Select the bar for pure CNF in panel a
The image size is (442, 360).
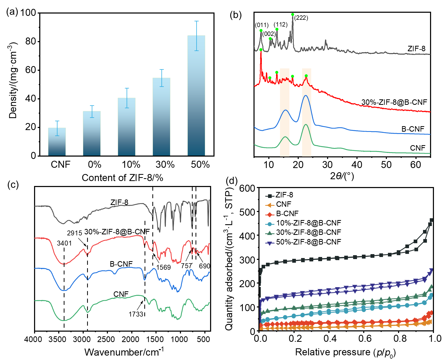pos(57,142)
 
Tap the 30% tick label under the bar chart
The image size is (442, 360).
pos(165,165)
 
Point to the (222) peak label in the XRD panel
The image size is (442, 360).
pos(301,18)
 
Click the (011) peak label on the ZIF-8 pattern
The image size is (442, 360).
pos(262,25)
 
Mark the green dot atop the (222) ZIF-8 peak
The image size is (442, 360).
pos(293,15)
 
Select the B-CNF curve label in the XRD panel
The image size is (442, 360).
pos(413,129)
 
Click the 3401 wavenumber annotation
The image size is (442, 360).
pos(64,243)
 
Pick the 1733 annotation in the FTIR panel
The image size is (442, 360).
pos(136,314)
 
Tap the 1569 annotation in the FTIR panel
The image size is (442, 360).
pos(163,267)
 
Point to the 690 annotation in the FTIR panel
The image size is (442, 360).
pos(204,266)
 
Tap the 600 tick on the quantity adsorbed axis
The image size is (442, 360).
pos(247,188)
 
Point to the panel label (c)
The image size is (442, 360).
pos(13,185)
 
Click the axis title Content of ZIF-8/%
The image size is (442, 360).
pos(122,178)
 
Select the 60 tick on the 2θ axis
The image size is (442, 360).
pos(415,165)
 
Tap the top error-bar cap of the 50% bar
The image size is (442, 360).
pos(197,21)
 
